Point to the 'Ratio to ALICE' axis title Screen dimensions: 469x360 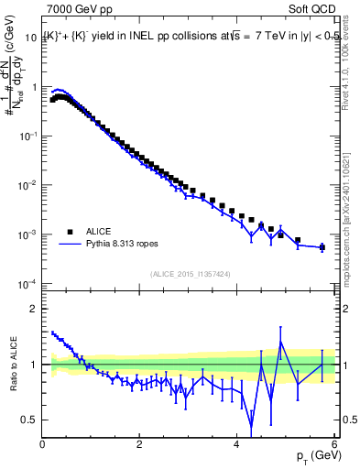click(12, 365)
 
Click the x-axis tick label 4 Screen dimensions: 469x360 click(237, 444)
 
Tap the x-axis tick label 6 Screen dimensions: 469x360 click(334, 444)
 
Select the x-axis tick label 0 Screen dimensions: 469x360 click(42, 444)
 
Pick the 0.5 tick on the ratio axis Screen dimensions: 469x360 click(30, 420)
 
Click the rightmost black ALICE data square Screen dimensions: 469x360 click(322, 246)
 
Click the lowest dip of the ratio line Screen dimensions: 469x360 click(252, 426)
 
